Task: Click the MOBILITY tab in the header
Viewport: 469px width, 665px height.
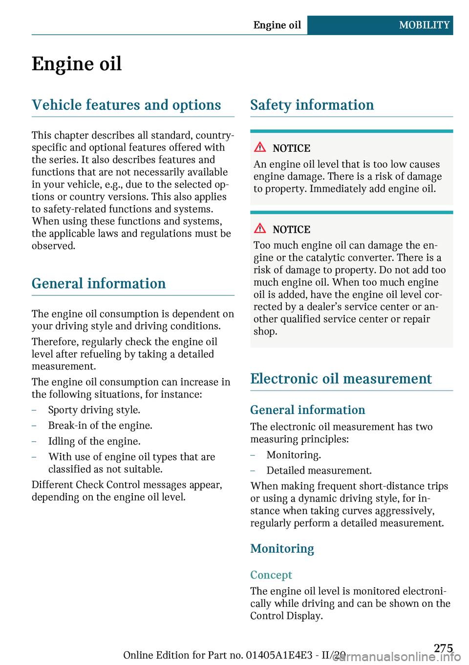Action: coord(424,25)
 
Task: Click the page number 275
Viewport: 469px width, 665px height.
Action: coord(443,648)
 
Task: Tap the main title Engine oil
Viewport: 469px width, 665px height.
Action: coord(77,64)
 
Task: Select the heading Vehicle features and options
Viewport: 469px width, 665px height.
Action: coord(127,105)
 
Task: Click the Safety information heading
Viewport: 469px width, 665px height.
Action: coord(312,105)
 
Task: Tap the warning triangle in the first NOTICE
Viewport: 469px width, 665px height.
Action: coord(260,147)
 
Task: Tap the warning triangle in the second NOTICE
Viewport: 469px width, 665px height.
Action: coord(260,228)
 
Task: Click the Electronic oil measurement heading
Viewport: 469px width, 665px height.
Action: coord(341,379)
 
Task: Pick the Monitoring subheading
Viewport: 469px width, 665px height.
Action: coord(282,549)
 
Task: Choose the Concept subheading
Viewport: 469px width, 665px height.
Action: coord(271,575)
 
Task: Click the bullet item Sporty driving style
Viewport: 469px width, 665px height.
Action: coord(94,410)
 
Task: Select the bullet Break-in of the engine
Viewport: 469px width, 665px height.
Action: coord(100,426)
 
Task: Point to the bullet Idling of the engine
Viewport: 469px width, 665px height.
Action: coord(94,441)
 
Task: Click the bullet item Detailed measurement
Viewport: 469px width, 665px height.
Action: coord(319,471)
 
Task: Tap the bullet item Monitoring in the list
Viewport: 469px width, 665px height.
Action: coord(294,455)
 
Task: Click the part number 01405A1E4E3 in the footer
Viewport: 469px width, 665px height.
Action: coord(279,655)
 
